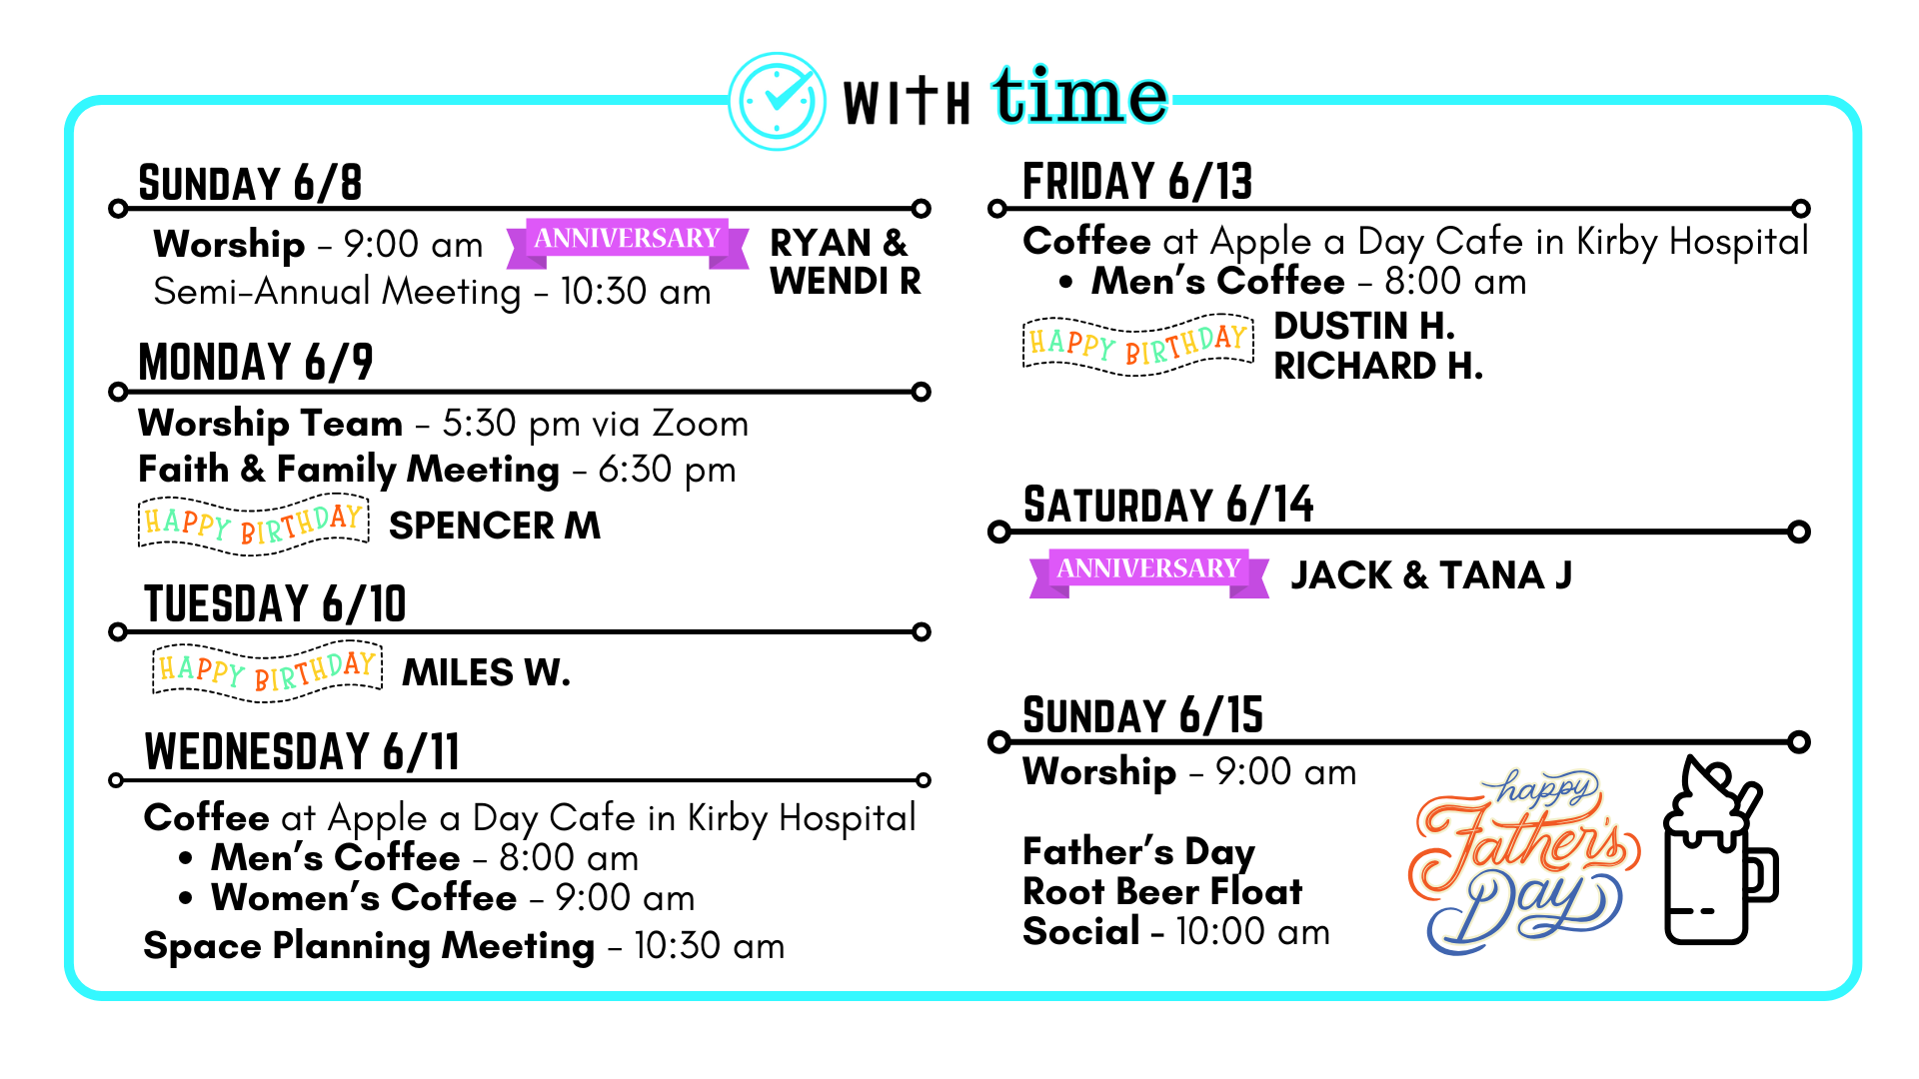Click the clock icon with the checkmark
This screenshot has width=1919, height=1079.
(x=777, y=101)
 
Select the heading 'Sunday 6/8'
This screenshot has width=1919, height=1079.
(x=250, y=183)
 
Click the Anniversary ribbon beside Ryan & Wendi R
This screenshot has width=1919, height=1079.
(x=628, y=243)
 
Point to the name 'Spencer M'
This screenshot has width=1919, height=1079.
(x=495, y=526)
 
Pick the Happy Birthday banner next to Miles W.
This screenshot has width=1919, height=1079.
(x=268, y=670)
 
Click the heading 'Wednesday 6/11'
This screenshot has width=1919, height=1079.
(x=302, y=751)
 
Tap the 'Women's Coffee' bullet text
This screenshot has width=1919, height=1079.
(x=364, y=897)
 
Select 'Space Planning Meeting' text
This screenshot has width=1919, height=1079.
(x=369, y=945)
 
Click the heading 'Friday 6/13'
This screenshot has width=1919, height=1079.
(x=1137, y=182)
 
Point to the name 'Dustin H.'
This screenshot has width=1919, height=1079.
(x=1363, y=326)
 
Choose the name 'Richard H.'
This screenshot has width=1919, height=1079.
(x=1377, y=367)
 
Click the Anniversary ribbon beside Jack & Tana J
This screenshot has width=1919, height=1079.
(x=1149, y=573)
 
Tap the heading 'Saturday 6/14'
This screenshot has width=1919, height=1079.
(x=1168, y=505)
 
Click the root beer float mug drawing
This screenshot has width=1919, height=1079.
(x=1719, y=850)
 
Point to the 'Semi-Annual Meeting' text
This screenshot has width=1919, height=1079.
(x=337, y=292)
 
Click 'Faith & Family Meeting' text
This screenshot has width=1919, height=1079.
(x=349, y=470)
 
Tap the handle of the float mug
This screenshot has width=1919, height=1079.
(x=1763, y=874)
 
